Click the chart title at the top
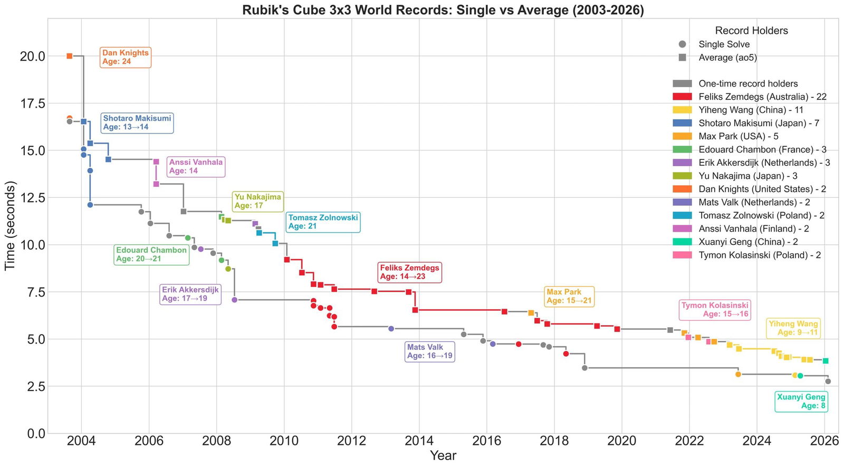(443, 10)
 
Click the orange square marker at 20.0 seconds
(70, 56)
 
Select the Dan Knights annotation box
(125, 57)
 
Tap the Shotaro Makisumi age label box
(137, 123)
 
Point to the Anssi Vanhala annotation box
(196, 166)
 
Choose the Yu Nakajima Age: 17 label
(257, 201)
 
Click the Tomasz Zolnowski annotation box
(323, 222)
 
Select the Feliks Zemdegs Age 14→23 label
(409, 272)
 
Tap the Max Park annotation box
(569, 296)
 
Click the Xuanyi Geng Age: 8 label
(801, 402)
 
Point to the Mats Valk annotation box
(429, 351)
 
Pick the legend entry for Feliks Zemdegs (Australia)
(762, 97)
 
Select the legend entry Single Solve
(723, 44)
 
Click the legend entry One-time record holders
(747, 83)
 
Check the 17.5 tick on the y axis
(32, 103)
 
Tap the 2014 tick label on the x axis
(419, 441)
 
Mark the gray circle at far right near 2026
(828, 382)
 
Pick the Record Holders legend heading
(751, 31)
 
